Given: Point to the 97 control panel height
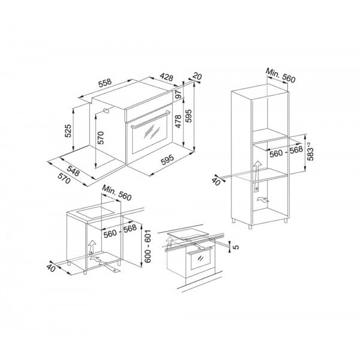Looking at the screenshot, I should point(179,96).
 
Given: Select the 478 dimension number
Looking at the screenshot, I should point(178,123).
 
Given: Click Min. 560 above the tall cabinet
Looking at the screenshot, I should point(283,75).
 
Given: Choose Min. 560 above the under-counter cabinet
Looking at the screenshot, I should point(116,194).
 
